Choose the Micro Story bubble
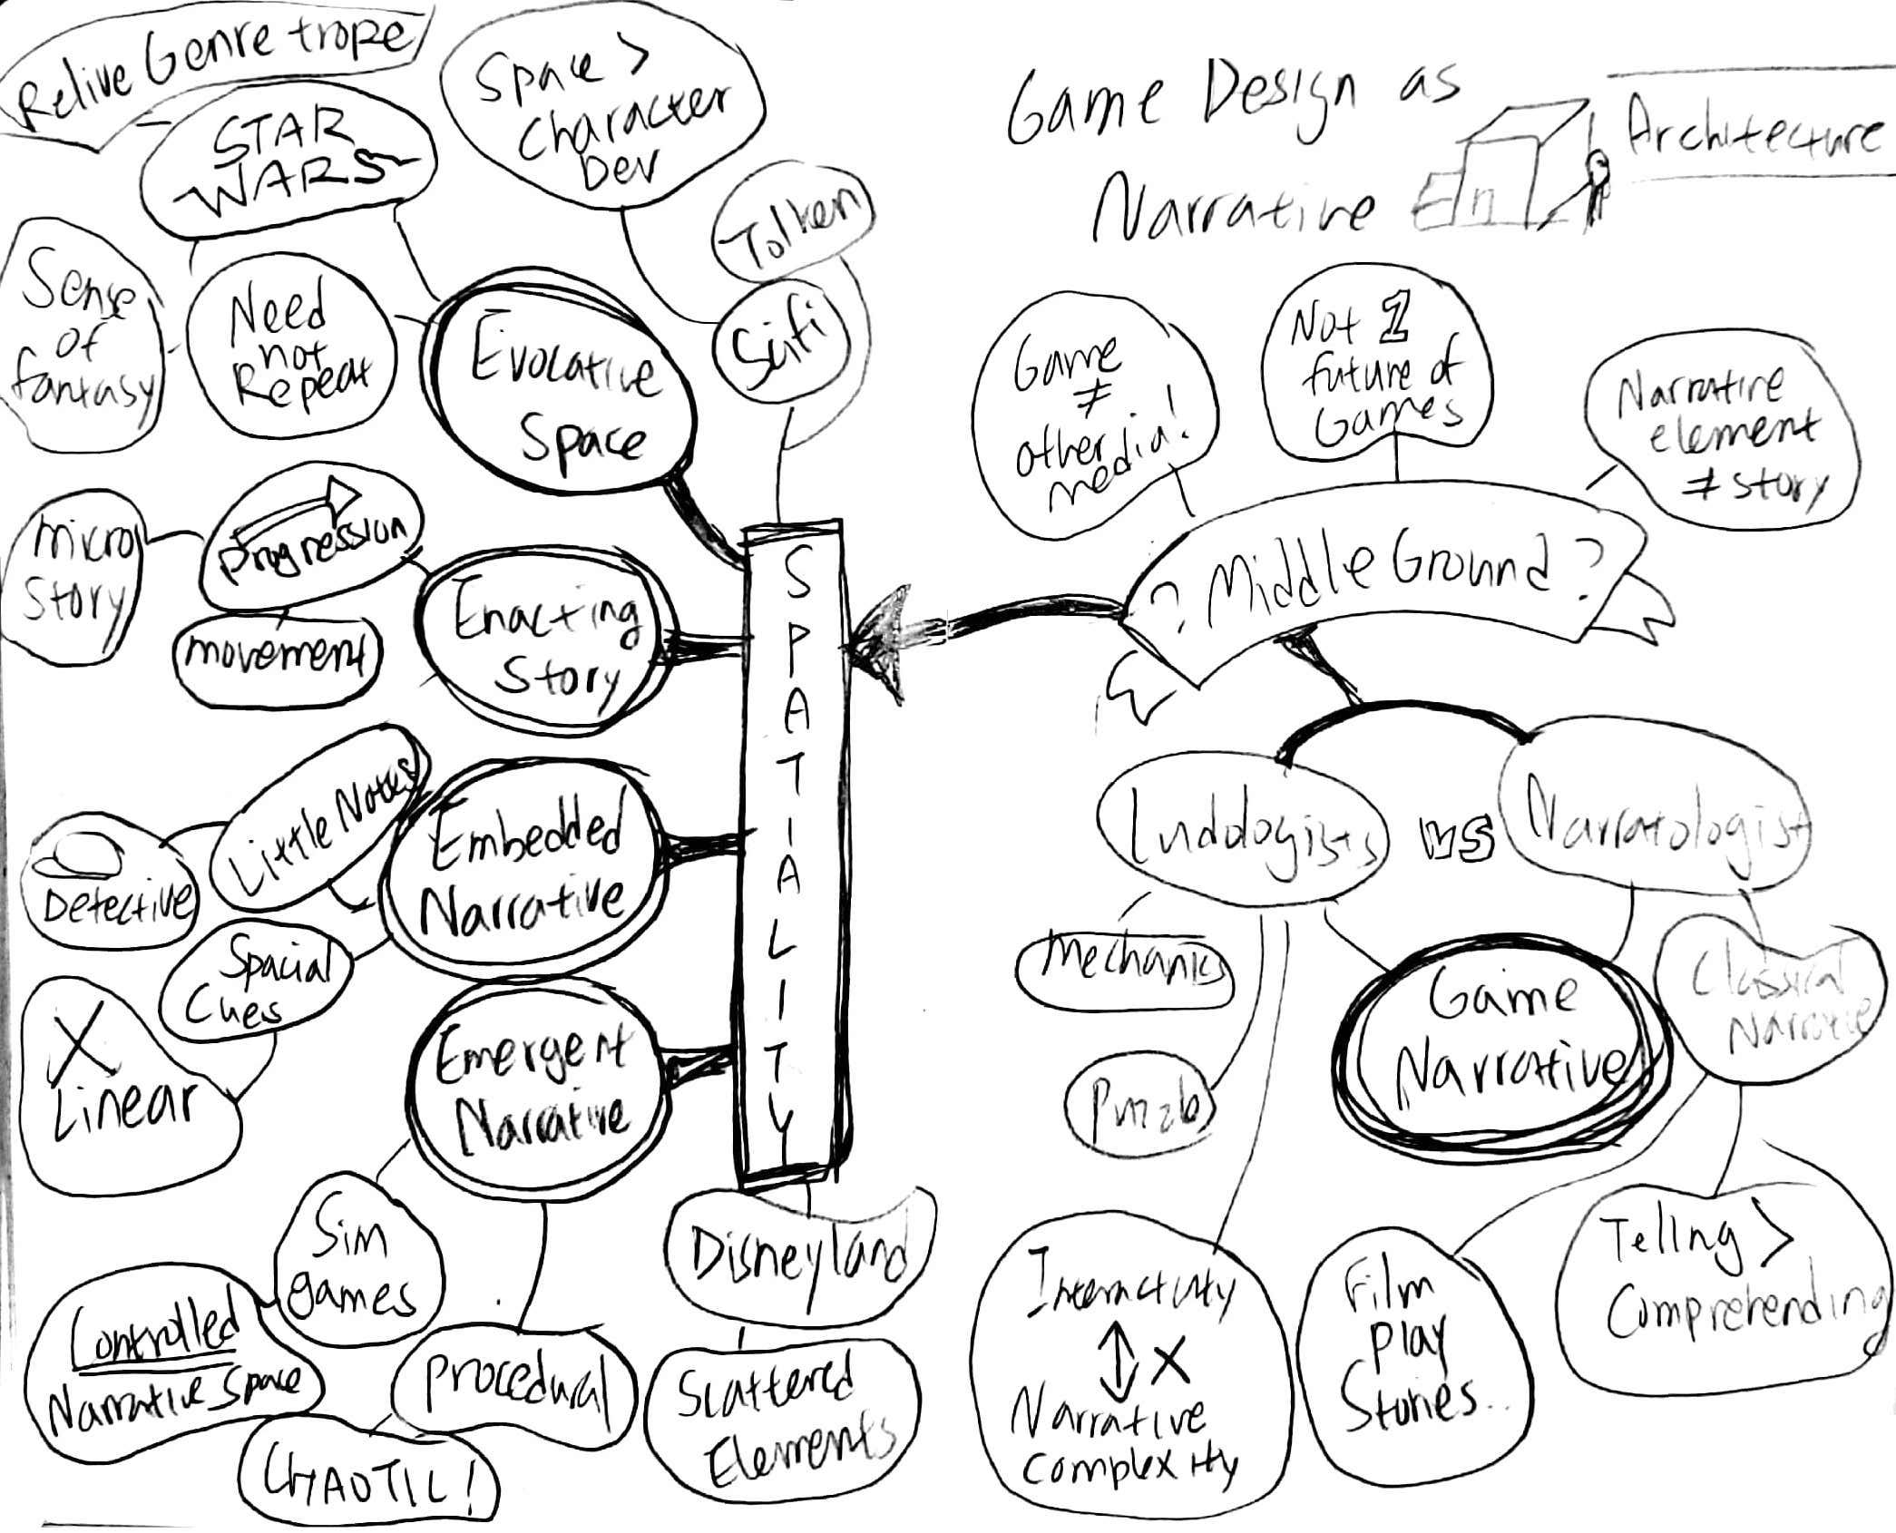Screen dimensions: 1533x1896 [74, 576]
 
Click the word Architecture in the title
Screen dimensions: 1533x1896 [1751, 136]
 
